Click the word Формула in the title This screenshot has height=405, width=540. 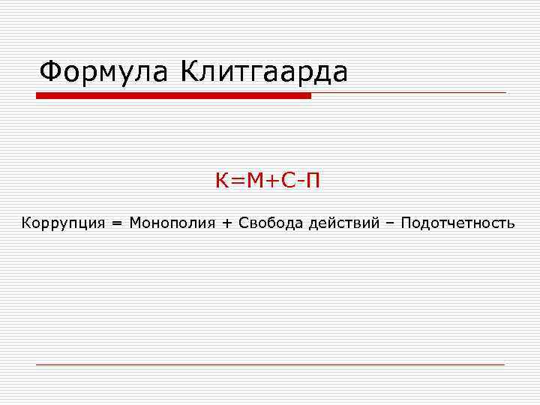tap(105, 73)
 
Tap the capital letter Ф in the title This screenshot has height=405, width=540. tap(51, 73)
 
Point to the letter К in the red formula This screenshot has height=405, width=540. tap(222, 181)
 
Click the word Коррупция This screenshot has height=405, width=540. tap(62, 223)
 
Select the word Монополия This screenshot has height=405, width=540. tap(172, 223)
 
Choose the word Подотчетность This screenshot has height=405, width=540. tap(457, 223)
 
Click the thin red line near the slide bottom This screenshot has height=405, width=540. tap(270, 364)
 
